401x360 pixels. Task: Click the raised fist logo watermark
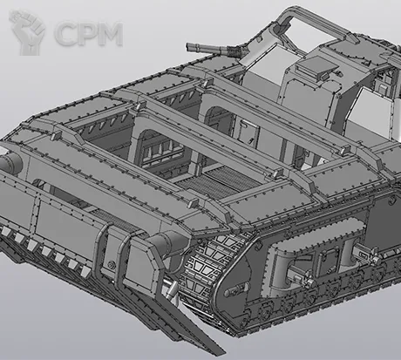pyautogui.click(x=27, y=32)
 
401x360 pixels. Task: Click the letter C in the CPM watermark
pyautogui.click(x=65, y=33)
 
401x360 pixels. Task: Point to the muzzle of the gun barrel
pyautogui.click(x=189, y=46)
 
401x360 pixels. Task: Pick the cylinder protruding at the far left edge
pyautogui.click(x=10, y=161)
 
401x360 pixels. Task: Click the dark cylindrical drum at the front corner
pyautogui.click(x=168, y=243)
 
